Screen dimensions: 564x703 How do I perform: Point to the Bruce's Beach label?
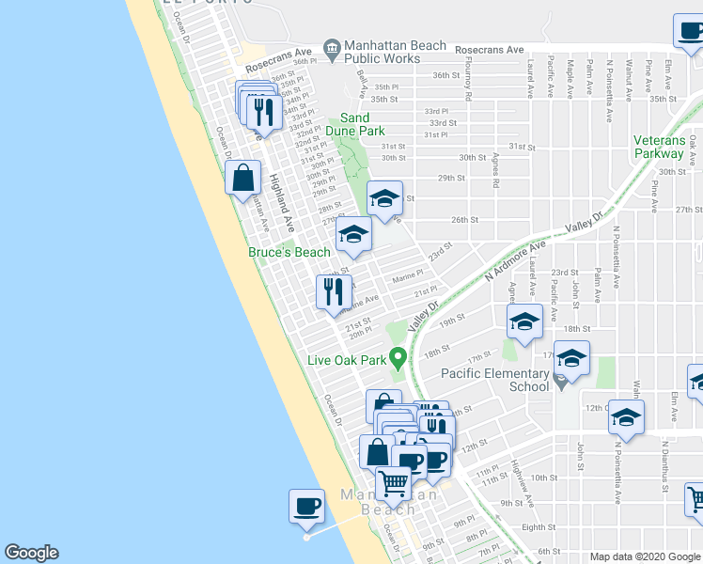tap(289, 252)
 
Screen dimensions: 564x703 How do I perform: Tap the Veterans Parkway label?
tap(659, 147)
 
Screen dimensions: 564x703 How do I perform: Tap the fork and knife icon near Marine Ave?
tap(333, 292)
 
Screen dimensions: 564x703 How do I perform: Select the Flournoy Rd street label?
tap(468, 82)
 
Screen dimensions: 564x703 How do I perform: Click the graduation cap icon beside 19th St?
tap(524, 322)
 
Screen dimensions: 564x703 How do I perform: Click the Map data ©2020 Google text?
tap(645, 556)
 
